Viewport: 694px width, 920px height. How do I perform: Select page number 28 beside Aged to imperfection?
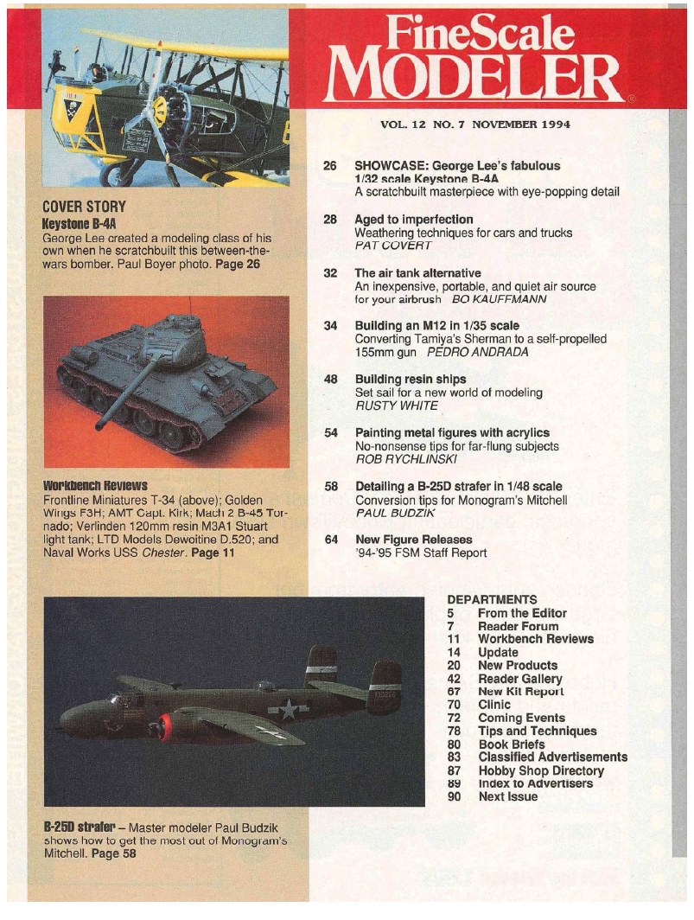[329, 220]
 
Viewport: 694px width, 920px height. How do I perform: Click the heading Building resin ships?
[411, 379]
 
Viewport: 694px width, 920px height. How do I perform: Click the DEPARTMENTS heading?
[492, 599]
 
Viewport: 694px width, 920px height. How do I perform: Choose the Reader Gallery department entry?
[517, 679]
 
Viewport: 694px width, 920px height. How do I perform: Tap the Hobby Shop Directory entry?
[540, 770]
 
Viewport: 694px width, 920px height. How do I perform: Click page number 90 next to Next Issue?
[455, 796]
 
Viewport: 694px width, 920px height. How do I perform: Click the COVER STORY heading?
[84, 208]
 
